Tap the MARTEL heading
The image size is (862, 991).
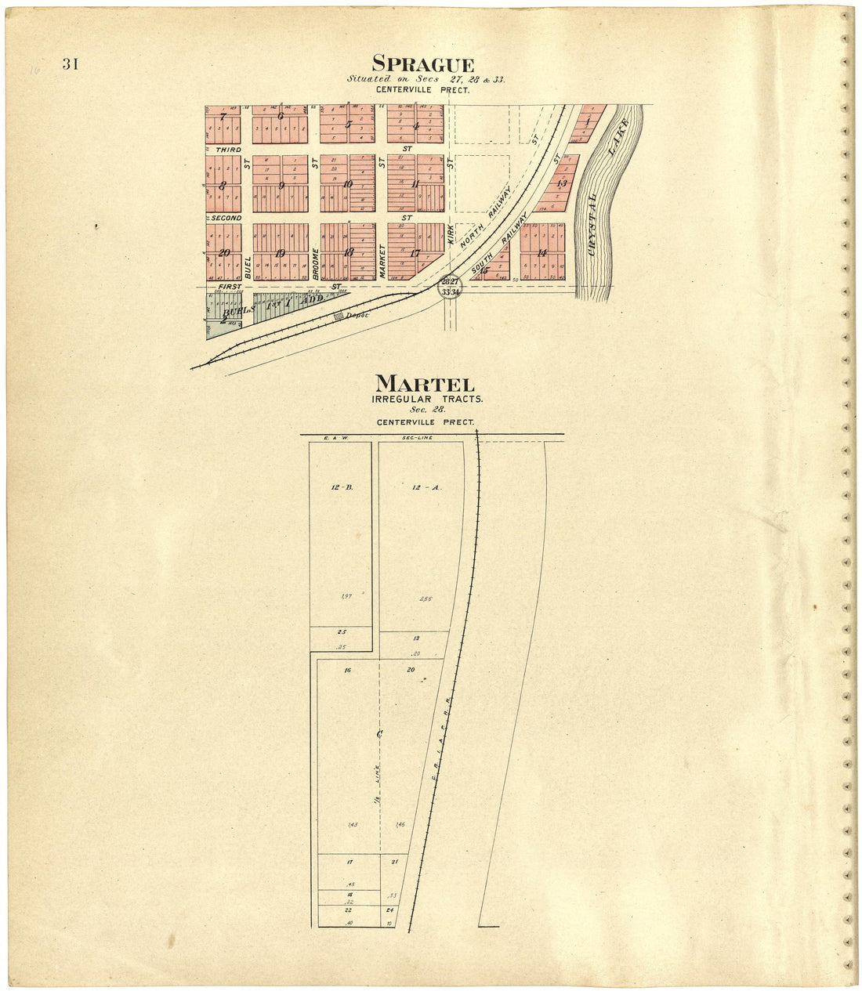tap(425, 384)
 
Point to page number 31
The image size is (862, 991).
tap(71, 64)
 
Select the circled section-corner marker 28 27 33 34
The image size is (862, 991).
tap(450, 286)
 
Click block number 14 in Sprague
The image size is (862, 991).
tap(542, 252)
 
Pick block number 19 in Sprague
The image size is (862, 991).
tap(280, 252)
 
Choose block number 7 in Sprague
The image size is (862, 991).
tap(223, 118)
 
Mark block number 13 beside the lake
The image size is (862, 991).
tap(561, 183)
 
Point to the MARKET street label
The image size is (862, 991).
tap(382, 261)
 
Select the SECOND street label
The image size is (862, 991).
tap(226, 217)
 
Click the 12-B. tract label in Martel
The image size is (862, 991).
tap(342, 487)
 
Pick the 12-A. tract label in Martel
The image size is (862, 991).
tap(426, 487)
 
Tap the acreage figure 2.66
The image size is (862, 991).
tap(426, 599)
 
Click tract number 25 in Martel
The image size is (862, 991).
tap(342, 631)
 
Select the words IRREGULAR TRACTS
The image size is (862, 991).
tap(427, 399)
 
